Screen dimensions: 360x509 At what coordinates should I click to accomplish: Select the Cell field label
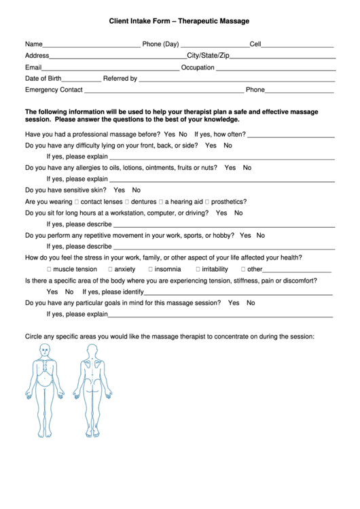pos(255,44)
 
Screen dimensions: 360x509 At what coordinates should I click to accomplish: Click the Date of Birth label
pos(43,79)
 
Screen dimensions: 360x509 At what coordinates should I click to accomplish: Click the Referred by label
pos(120,79)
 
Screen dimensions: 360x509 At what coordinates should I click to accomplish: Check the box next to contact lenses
pos(76,202)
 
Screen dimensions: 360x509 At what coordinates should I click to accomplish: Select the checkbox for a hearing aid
pos(161,202)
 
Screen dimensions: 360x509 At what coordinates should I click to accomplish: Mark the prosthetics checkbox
pos(208,202)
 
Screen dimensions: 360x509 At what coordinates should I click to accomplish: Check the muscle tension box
pos(49,269)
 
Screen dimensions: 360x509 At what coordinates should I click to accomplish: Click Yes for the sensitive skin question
pos(119,190)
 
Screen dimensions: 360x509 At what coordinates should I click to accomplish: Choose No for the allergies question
pos(247,167)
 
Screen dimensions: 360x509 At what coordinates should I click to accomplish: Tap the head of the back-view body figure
pos(91,350)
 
